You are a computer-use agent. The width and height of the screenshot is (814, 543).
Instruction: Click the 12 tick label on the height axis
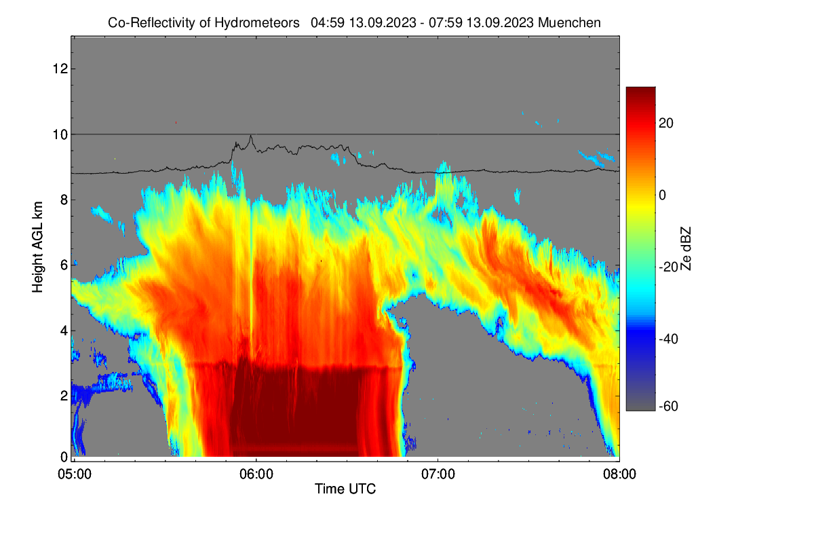click(x=60, y=69)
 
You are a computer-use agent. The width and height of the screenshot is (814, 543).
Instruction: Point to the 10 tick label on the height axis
click(x=60, y=134)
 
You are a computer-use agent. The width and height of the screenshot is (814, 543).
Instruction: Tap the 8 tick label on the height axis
click(x=64, y=200)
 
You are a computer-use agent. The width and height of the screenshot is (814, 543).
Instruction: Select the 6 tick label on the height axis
click(x=64, y=265)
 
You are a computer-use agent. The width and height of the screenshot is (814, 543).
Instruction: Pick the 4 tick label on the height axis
click(x=64, y=331)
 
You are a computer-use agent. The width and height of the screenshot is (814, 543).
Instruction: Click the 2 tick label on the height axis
click(x=64, y=396)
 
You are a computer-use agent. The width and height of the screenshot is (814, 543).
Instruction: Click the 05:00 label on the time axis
click(x=75, y=474)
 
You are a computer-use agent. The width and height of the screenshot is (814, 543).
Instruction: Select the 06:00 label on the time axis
click(x=256, y=474)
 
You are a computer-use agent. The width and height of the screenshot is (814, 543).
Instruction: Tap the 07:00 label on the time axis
click(x=438, y=474)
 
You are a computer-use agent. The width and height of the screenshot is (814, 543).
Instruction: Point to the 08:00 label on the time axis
click(x=619, y=474)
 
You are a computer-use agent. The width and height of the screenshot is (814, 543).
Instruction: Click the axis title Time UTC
click(x=345, y=489)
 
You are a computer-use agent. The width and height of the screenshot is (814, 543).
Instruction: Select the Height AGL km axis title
click(x=37, y=247)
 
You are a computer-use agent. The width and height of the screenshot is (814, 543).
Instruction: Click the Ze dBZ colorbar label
click(x=686, y=248)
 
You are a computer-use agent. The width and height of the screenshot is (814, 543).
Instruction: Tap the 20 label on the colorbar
click(x=666, y=124)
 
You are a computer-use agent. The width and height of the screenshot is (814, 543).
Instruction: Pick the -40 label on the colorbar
click(x=668, y=339)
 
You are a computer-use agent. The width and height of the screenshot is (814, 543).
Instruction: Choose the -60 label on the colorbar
click(x=668, y=406)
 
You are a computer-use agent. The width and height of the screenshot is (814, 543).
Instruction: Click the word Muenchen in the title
click(x=569, y=22)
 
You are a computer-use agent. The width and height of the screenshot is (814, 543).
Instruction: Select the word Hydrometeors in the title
click(x=257, y=23)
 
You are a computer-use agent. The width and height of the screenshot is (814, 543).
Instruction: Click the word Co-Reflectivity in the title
click(x=152, y=23)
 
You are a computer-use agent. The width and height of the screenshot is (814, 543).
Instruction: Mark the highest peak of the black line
click(x=250, y=136)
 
